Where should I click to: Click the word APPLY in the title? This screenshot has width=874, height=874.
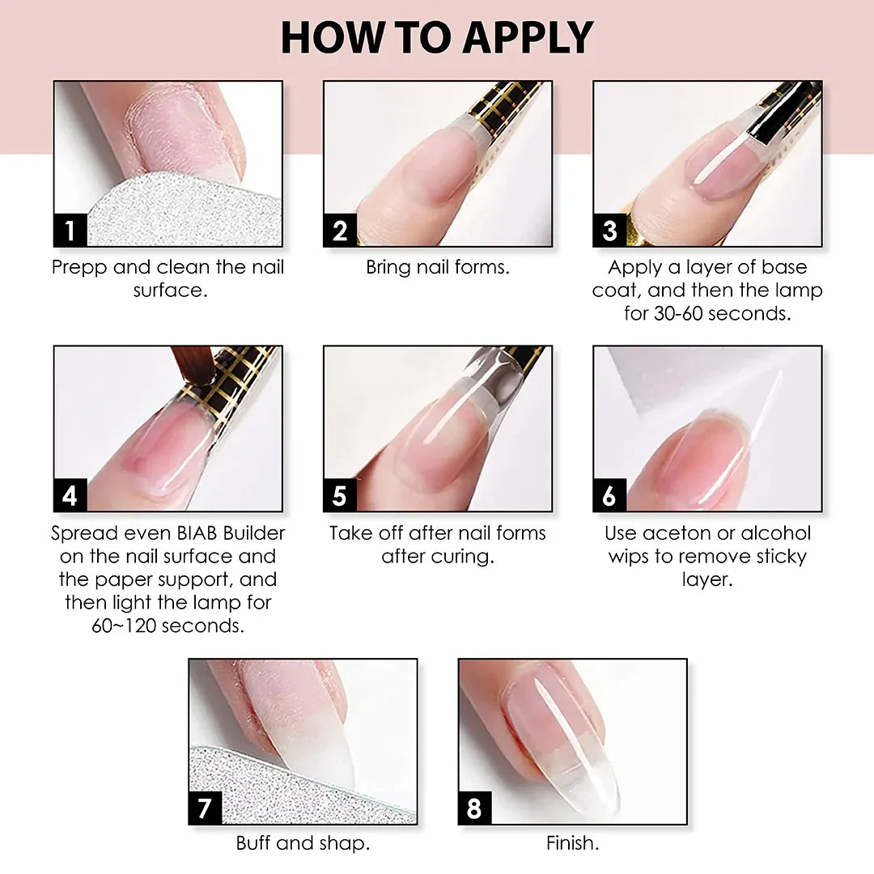pyautogui.click(x=528, y=38)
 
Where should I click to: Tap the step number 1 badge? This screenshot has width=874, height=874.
pyautogui.click(x=70, y=230)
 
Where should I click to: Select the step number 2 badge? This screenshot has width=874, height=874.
pyautogui.click(x=340, y=230)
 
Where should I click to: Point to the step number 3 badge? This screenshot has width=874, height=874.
pyautogui.click(x=610, y=230)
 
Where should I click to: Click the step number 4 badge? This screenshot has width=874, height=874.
pyautogui.click(x=70, y=495)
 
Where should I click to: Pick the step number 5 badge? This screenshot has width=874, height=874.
pyautogui.click(x=340, y=495)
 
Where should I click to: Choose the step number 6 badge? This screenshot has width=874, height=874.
pyautogui.click(x=610, y=495)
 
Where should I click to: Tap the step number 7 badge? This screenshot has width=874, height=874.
pyautogui.click(x=205, y=808)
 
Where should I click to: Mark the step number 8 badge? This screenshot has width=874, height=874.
pyautogui.click(x=475, y=808)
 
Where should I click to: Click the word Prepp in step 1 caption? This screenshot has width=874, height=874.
pyautogui.click(x=79, y=268)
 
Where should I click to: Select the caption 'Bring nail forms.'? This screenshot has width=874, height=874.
pyautogui.click(x=438, y=268)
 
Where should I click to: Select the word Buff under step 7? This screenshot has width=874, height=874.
pyautogui.click(x=253, y=842)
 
